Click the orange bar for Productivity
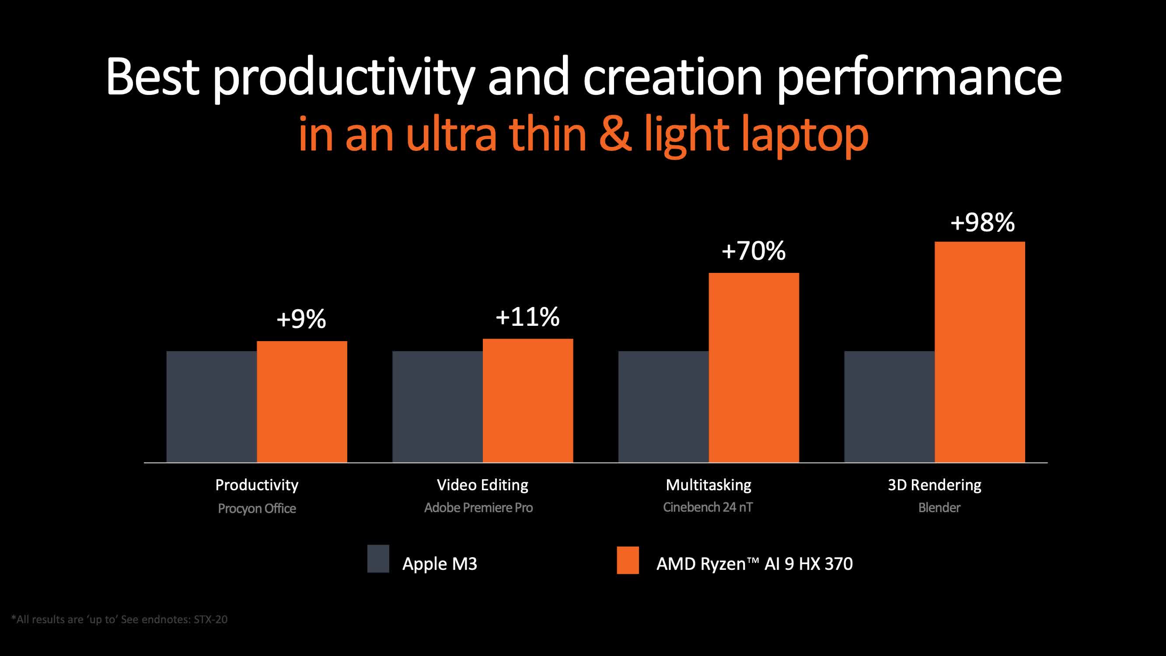point(302,401)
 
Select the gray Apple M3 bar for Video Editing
point(437,407)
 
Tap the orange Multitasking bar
point(754,367)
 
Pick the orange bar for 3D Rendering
point(980,352)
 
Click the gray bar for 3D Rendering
point(889,407)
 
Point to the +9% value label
point(301,319)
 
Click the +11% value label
point(528,317)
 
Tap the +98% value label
point(982,222)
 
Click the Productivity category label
point(257,485)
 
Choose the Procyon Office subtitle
point(257,509)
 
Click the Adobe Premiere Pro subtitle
point(478,507)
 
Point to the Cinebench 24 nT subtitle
point(708,507)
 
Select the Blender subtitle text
point(939,507)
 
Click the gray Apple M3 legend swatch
point(378,558)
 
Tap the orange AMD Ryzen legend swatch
point(628,560)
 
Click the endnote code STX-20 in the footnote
point(210,619)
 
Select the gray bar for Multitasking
point(663,407)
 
